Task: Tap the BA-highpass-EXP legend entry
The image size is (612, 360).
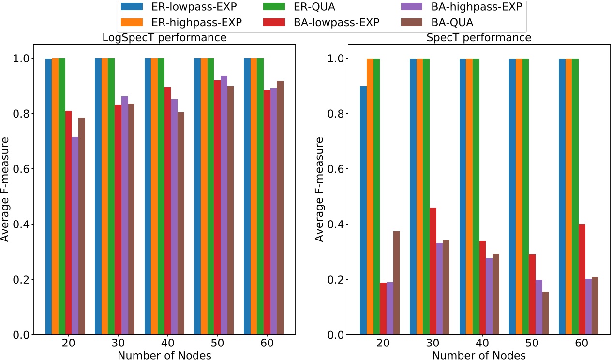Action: pyautogui.click(x=472, y=7)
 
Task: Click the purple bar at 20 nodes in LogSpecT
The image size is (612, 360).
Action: pyautogui.click(x=75, y=236)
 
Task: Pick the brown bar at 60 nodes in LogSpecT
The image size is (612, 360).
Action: pyautogui.click(x=280, y=208)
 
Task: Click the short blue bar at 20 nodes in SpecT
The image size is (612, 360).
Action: pyautogui.click(x=363, y=210)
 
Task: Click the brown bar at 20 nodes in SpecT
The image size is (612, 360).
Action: pyautogui.click(x=396, y=283)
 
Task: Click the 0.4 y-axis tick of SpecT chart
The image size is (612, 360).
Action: pyautogui.click(x=338, y=225)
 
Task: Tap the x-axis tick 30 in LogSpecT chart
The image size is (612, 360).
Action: pyautogui.click(x=115, y=344)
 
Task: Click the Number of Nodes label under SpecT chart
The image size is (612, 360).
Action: pyautogui.click(x=478, y=355)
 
